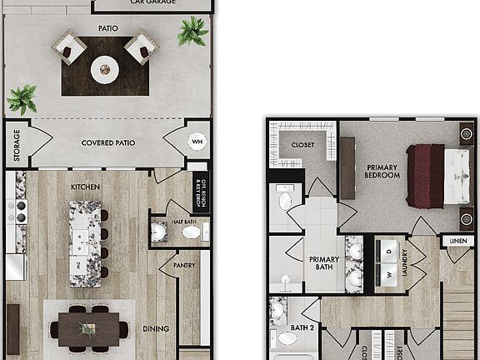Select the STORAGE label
[x=17, y=143]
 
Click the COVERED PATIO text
[x=108, y=143]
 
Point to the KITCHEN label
[x=86, y=187]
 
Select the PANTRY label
[x=184, y=266]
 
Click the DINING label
[x=155, y=329]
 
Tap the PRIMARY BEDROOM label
[x=382, y=172]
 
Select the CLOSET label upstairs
[x=302, y=145]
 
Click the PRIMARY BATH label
[x=324, y=264]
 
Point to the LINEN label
[x=458, y=242]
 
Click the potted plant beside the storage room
[x=22, y=100]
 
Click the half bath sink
[x=192, y=232]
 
